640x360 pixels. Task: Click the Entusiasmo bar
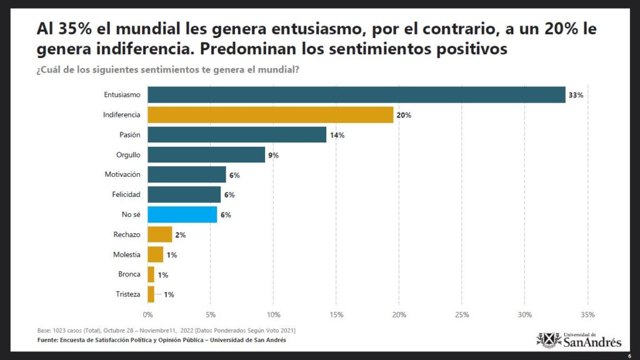356,95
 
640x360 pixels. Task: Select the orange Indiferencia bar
270,115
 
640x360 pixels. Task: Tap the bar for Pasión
237,135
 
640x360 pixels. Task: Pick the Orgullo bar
206,155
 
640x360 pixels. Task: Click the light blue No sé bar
182,215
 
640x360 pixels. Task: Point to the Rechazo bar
159,234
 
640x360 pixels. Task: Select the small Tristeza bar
151,294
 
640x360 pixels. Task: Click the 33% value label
576,95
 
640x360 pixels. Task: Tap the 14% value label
337,135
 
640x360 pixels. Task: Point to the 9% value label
274,155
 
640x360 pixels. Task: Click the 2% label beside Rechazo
181,235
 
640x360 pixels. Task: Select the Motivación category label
122,174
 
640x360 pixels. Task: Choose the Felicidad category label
126,194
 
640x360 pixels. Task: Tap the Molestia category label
126,254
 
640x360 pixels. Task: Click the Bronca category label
129,274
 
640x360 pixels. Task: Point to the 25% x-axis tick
462,315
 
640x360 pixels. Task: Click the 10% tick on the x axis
274,315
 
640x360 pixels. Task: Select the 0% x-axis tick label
147,315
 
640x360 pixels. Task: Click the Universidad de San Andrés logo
579,340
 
